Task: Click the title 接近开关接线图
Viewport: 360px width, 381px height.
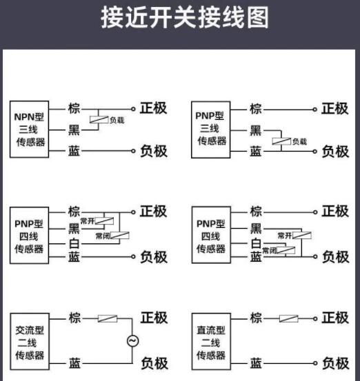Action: (185, 17)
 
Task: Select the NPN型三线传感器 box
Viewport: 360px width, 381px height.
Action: (29, 130)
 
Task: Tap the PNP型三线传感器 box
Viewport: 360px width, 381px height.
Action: (210, 130)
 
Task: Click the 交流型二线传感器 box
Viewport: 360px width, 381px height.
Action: (30, 342)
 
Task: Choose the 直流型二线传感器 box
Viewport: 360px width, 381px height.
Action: (211, 342)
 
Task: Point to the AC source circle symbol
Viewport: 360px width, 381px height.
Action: (133, 340)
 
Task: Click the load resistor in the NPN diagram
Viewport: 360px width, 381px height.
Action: (99, 120)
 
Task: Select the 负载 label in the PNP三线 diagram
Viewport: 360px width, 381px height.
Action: (299, 141)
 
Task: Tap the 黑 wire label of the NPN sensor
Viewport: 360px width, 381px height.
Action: (74, 130)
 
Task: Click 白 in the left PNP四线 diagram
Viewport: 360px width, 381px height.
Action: (74, 243)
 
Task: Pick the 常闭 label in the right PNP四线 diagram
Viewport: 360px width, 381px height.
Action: (269, 250)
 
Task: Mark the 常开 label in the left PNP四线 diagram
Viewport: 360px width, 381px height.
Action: (88, 221)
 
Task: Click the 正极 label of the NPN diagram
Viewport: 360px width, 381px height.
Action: (154, 108)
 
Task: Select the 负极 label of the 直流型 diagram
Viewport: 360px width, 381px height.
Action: (336, 364)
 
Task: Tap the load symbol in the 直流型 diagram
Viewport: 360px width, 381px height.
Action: (289, 318)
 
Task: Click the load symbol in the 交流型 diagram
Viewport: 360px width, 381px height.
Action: (108, 318)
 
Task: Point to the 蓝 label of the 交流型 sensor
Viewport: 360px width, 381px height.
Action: (74, 364)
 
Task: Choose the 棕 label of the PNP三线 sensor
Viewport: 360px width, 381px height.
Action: (256, 109)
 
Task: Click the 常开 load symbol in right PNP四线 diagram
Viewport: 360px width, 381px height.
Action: (302, 235)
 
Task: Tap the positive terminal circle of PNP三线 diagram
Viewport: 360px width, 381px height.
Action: (315, 110)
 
